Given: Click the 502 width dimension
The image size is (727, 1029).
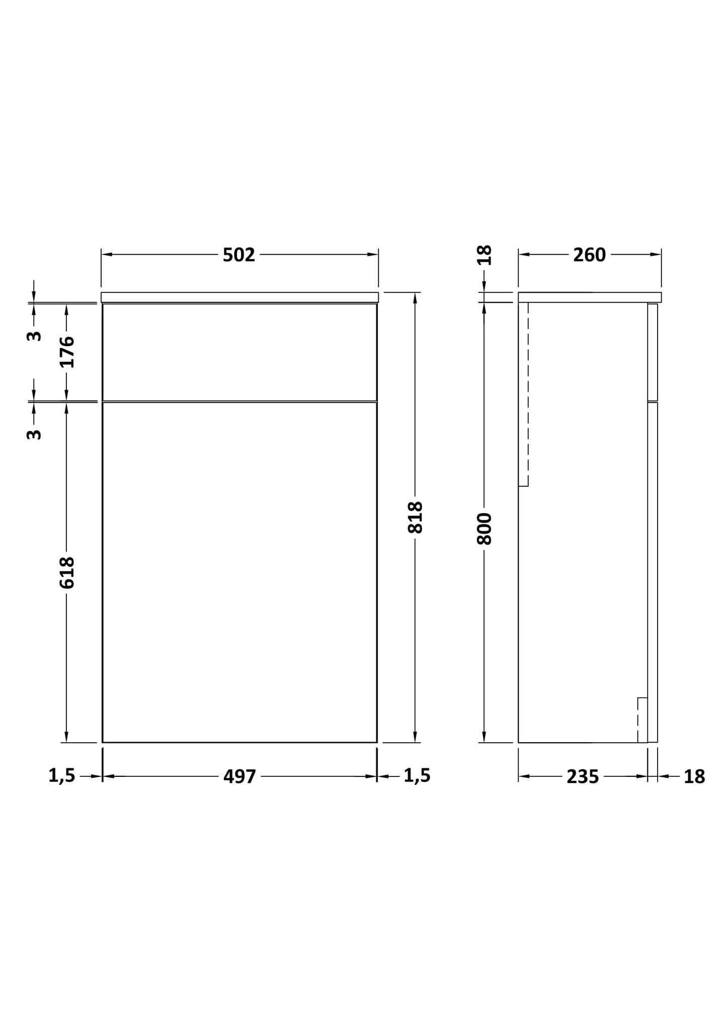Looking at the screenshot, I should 239,255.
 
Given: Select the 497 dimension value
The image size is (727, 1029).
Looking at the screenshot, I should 239,776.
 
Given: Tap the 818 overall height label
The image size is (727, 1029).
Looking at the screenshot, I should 415,517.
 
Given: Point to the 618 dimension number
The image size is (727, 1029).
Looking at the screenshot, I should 66,572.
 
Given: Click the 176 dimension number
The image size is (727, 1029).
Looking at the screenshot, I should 66,352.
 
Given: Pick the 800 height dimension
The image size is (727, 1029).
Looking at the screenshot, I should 484,528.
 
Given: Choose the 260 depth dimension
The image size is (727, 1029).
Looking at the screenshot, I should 589,255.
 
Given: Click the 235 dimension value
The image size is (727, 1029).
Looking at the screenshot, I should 583,776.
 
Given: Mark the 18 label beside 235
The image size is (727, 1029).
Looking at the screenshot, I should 694,776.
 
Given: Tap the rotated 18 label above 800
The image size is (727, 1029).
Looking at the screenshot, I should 484,255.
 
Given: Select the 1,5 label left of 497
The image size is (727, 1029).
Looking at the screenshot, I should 61,775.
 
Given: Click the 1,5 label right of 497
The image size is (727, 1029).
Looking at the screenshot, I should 417,775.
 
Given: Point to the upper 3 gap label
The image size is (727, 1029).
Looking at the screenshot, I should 34,336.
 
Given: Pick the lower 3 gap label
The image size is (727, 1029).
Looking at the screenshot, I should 34,434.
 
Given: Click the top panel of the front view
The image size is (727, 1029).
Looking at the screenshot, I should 239,352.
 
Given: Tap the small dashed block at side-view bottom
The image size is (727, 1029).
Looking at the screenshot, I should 642,720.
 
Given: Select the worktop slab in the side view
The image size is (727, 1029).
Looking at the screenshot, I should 589,297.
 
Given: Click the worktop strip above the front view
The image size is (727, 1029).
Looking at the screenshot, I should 239,297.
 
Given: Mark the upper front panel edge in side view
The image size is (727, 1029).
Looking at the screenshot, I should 653,352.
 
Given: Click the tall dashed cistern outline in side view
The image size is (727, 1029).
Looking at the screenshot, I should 523,394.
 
